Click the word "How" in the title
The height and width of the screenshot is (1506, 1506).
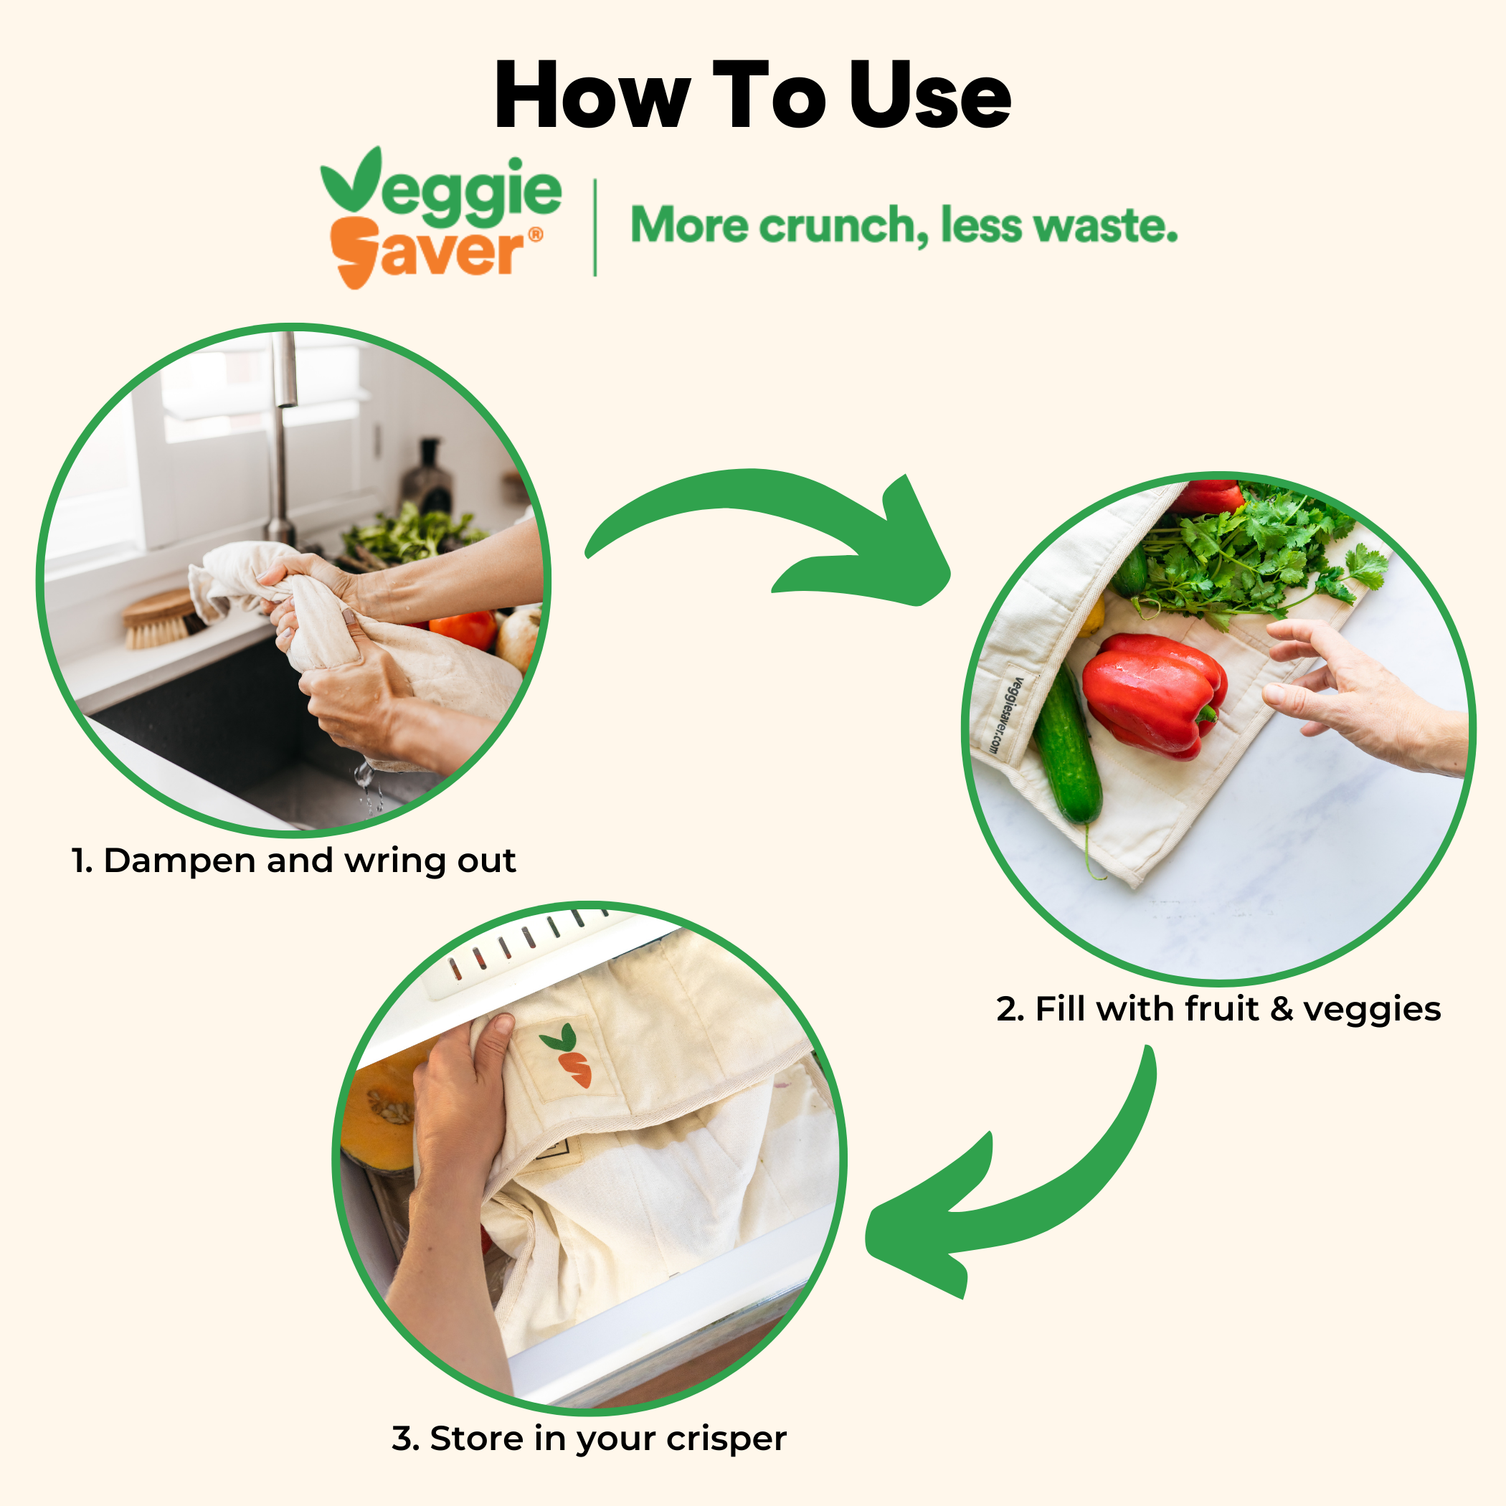pos(592,95)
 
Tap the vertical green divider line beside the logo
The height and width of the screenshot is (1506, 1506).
pos(595,227)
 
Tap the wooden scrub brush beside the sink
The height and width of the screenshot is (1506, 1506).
pos(160,618)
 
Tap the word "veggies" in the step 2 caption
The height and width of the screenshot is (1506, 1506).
pos(1371,1010)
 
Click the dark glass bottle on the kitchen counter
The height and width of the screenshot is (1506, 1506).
pos(427,477)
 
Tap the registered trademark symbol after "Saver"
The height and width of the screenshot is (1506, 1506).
pos(536,235)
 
